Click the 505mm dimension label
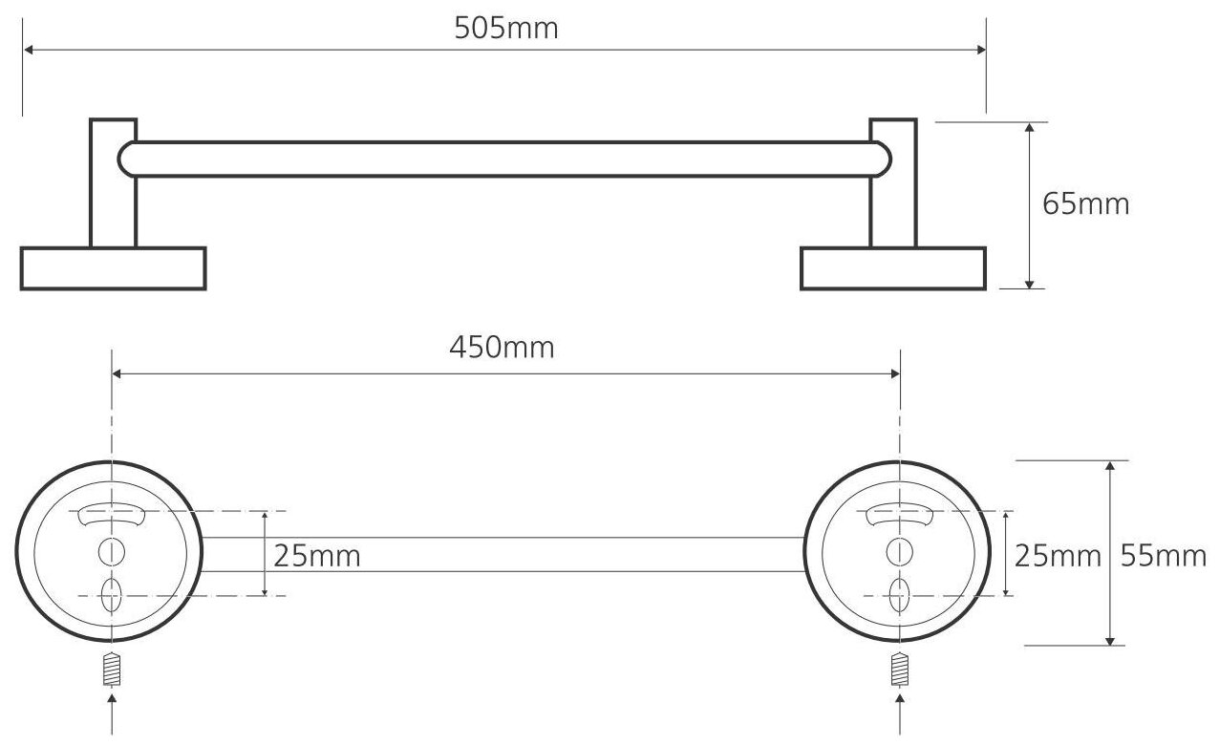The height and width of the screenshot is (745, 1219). [x=505, y=29]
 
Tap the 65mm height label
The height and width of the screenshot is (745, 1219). [x=1085, y=203]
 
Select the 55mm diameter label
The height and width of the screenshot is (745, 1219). [x=1164, y=555]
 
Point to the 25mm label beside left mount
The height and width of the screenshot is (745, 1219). [x=317, y=555]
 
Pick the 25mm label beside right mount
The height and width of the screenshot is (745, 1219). [x=1058, y=555]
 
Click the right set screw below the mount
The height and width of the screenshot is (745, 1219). [x=898, y=669]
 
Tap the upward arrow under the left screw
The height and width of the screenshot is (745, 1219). [x=113, y=711]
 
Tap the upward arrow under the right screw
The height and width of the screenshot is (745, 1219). [x=898, y=711]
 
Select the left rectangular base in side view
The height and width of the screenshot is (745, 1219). [x=113, y=268]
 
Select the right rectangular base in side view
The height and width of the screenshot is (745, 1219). [x=892, y=268]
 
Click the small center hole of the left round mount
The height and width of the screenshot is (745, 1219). [x=111, y=551]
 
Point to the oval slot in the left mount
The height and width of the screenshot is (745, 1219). [x=111, y=594]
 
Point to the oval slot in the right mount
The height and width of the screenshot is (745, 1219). [x=897, y=594]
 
